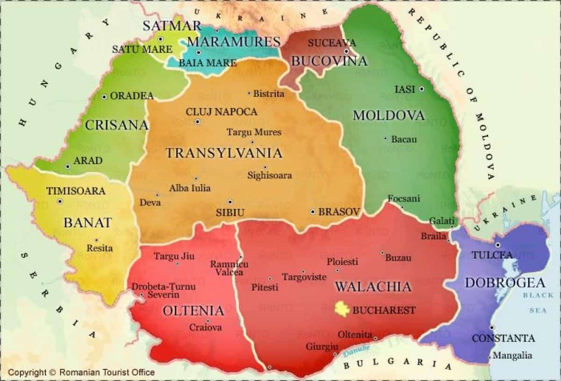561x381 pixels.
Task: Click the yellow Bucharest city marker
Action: (342, 309)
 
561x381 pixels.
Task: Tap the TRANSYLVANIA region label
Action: (224, 153)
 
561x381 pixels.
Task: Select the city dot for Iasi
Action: (421, 88)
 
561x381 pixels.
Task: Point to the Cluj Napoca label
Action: (222, 112)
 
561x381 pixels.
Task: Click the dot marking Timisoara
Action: (60, 201)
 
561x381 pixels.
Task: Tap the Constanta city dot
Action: (492, 327)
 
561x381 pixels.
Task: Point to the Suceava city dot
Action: (346, 51)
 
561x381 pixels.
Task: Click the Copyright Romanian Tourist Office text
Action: (81, 373)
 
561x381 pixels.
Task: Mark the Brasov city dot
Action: (313, 212)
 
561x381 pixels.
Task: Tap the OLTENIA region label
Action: (193, 311)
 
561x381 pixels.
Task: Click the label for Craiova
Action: (205, 328)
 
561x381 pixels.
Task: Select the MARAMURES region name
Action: (233, 41)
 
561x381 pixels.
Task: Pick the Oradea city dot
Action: (104, 97)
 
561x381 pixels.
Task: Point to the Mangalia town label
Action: (512, 355)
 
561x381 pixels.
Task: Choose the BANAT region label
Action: (87, 223)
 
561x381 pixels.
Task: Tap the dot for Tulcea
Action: (498, 244)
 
